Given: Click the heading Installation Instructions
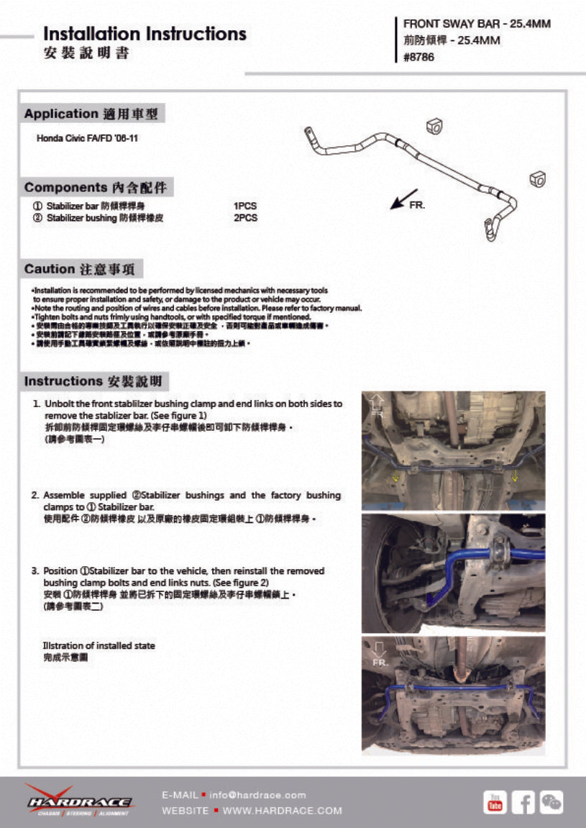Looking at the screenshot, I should point(145,34).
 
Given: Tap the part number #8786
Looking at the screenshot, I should point(420,58).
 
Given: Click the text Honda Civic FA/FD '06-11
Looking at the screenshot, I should point(87,137).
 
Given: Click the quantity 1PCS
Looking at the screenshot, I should point(245,206).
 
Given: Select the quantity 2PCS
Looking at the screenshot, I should point(245,217).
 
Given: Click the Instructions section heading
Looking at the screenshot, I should point(96,381).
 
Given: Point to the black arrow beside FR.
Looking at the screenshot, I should point(403,199).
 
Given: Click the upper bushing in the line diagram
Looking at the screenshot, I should point(434,126).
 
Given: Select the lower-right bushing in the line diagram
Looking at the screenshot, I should point(538,178).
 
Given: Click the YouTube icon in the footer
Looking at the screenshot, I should point(495,801).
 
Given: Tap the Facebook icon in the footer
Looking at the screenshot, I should point(523,801).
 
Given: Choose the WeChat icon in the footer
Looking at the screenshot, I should point(551,801).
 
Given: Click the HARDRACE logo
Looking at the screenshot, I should point(78,800).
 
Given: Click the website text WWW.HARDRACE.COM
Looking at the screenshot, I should point(283,811).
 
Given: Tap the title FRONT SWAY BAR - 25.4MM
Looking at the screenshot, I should point(477,24).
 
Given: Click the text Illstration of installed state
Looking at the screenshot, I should point(99,645).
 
